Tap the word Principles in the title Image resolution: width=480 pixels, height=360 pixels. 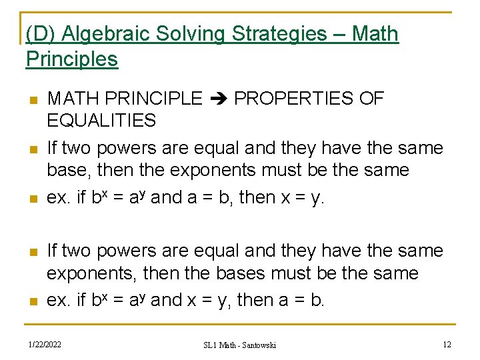[72, 59]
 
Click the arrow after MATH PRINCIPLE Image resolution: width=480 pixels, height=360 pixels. [218, 99]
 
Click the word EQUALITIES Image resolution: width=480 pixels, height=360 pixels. [101, 121]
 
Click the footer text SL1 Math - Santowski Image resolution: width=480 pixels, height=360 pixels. [239, 345]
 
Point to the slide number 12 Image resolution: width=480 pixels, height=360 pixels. [447, 344]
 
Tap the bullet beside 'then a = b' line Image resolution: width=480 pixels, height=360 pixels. [31, 301]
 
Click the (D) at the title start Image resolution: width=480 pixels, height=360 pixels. [37, 34]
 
